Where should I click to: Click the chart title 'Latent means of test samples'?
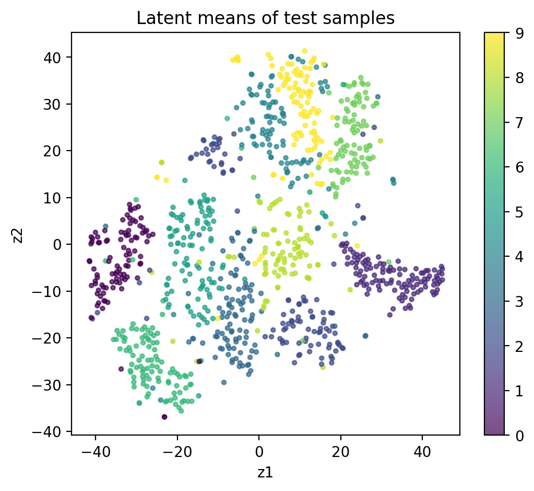click(265, 18)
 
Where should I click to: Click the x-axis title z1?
click(265, 472)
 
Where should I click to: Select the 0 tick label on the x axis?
click(259, 450)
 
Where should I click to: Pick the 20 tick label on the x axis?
click(341, 450)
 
